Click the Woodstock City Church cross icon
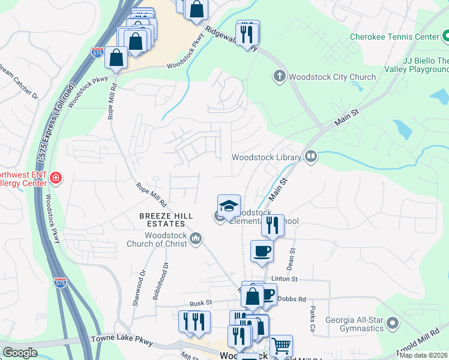(x=279, y=76)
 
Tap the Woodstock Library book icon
(x=311, y=157)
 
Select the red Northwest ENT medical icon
(x=55, y=178)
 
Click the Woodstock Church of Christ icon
(x=196, y=239)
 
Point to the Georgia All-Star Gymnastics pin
(x=393, y=323)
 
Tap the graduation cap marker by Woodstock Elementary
(x=229, y=206)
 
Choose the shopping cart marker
(x=280, y=346)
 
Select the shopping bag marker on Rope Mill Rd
(x=116, y=58)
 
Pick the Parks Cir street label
(x=312, y=320)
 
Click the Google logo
(x=20, y=352)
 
